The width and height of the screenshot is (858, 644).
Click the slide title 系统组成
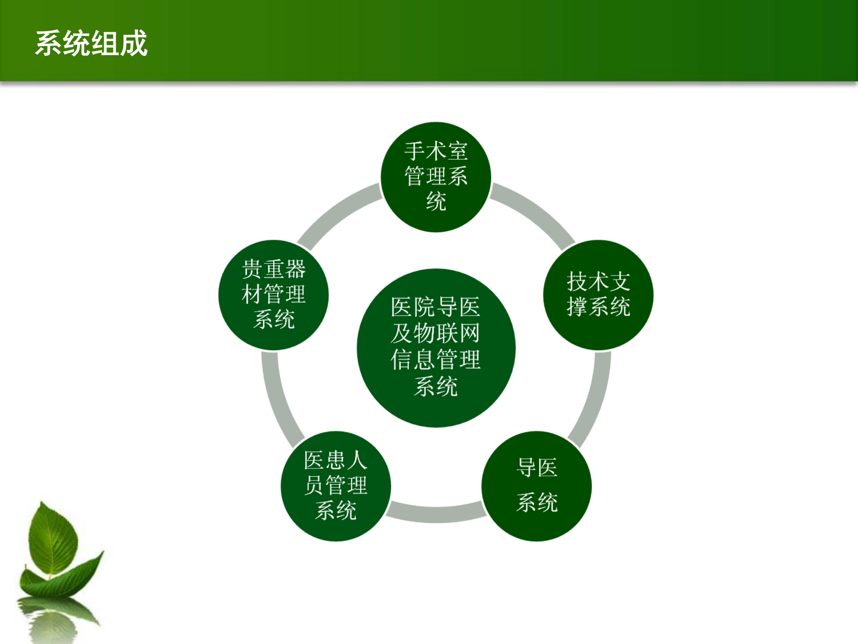click(x=91, y=43)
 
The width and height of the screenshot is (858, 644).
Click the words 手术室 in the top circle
click(x=436, y=151)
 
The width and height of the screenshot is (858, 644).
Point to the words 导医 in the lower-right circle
click(x=537, y=468)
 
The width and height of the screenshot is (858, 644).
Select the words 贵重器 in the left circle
click(x=273, y=269)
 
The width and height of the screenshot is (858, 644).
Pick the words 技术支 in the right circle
click(x=598, y=282)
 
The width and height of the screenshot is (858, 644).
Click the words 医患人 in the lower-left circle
click(x=336, y=460)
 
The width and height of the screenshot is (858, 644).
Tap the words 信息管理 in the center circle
click(x=436, y=359)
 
